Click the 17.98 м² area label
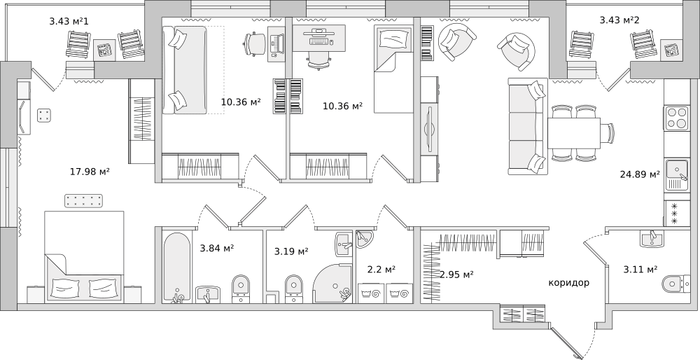(90, 171)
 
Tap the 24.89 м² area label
(640, 174)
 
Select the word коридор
(568, 283)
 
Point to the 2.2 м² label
(381, 270)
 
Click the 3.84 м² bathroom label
(217, 249)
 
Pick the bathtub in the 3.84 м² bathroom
(174, 267)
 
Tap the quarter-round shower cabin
(334, 283)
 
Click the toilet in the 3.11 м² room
(675, 283)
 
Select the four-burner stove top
(677, 118)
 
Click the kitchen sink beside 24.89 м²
(677, 174)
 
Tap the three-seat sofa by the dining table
(528, 126)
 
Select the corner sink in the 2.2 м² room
(365, 239)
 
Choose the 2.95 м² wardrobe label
(456, 275)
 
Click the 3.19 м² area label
(291, 252)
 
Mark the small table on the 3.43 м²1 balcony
(104, 50)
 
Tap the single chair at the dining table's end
(608, 132)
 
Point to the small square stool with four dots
(43, 116)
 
